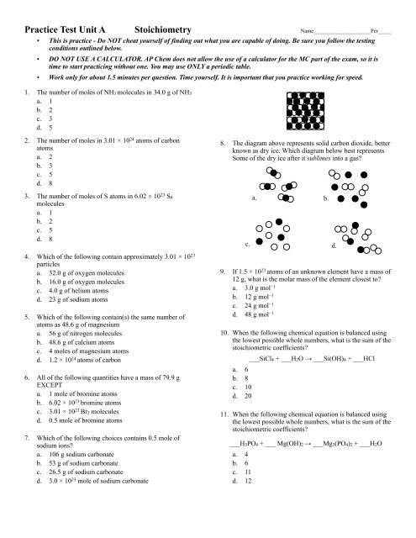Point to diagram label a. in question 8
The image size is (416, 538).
point(254,198)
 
